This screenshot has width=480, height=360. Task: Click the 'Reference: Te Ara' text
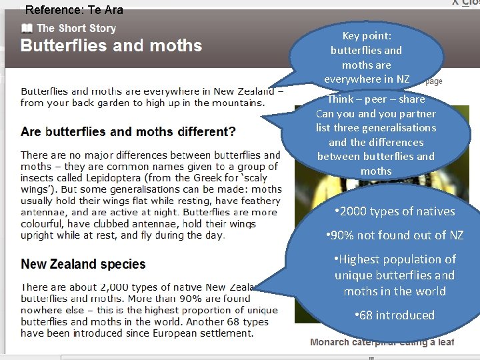coord(74,10)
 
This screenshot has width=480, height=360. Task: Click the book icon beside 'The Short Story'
coord(27,28)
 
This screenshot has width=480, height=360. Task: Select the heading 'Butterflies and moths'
coord(111,46)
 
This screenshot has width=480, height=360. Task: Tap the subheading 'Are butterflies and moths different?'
coord(128,131)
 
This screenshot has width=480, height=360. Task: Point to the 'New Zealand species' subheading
coord(83,264)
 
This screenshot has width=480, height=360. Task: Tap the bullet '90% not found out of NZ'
coord(395,235)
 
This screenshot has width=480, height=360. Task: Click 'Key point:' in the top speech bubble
coord(367,36)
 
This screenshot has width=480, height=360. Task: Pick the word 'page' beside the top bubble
coord(433,81)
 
